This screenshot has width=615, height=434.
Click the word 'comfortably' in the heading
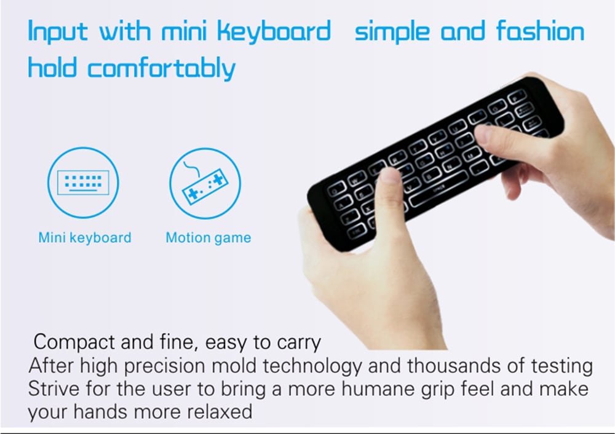pos(161,68)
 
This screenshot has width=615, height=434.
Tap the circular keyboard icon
pos(83,183)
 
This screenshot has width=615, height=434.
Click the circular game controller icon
pos(205,183)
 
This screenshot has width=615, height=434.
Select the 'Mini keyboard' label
pos(85,237)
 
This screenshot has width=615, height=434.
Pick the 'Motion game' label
pos(208,237)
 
